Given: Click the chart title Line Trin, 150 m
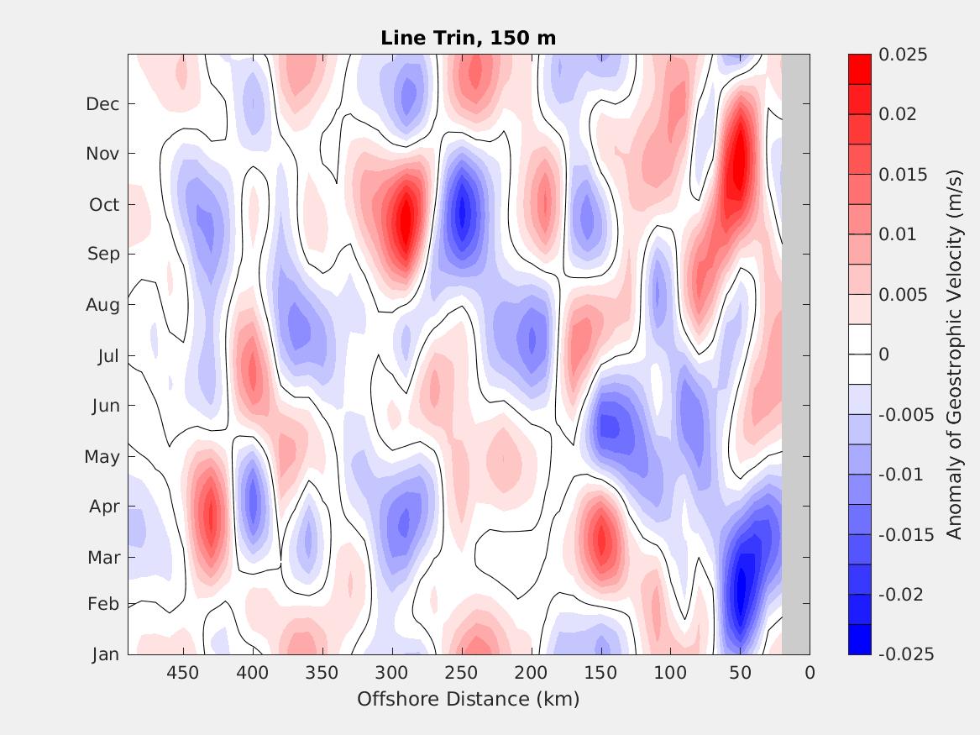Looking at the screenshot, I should pyautogui.click(x=468, y=38).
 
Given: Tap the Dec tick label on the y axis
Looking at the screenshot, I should pyautogui.click(x=102, y=104).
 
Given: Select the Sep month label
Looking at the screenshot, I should pyautogui.click(x=103, y=254).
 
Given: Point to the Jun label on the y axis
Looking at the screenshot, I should pyautogui.click(x=105, y=406).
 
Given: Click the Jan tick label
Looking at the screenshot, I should pyautogui.click(x=105, y=654).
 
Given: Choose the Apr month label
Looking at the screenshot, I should pyautogui.click(x=104, y=507).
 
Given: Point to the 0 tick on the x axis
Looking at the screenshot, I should pyautogui.click(x=810, y=673).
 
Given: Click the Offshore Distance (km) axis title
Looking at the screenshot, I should pyautogui.click(x=468, y=699).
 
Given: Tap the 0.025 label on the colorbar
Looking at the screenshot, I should pyautogui.click(x=903, y=55).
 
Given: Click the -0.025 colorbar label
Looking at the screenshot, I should pyautogui.click(x=905, y=654).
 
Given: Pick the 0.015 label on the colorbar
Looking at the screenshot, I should pyautogui.click(x=903, y=175).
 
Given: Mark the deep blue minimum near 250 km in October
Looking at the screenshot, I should pyautogui.click(x=460, y=214).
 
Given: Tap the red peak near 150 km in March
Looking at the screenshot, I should pyautogui.click(x=600, y=538).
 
